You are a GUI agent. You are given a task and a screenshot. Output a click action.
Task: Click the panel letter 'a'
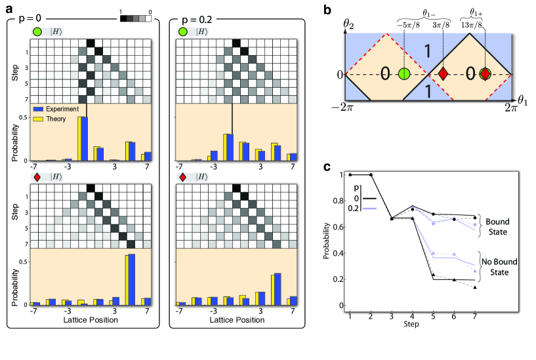[9, 9]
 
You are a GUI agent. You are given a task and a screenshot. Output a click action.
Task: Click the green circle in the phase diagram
[405, 74]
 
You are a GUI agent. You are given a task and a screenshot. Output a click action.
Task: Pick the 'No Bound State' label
[502, 267]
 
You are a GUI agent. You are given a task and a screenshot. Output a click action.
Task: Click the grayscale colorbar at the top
[135, 18]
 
